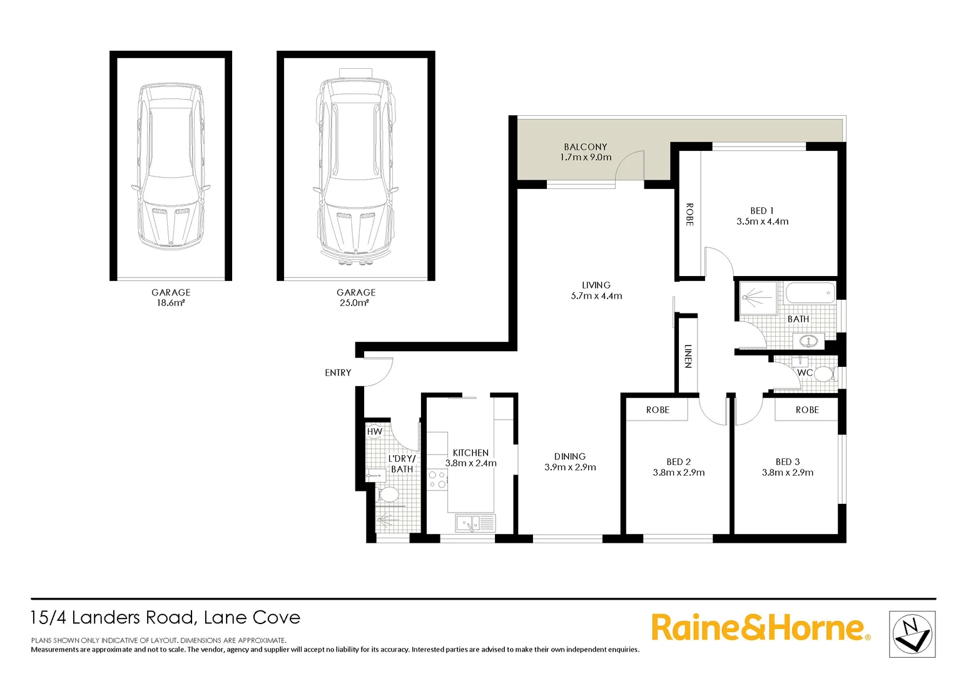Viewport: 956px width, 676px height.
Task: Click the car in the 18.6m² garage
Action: (x=170, y=167)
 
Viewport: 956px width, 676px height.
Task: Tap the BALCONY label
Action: (x=586, y=147)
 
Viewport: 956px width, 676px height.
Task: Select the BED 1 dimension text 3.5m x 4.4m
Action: (x=762, y=222)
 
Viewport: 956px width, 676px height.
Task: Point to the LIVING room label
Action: (x=596, y=285)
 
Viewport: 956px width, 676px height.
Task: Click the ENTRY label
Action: (x=338, y=373)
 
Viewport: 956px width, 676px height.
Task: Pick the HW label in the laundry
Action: (x=374, y=432)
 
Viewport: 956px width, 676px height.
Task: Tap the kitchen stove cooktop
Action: (x=437, y=480)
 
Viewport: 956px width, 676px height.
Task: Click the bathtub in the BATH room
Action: (x=810, y=293)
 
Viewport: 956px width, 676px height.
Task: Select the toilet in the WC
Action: (x=823, y=374)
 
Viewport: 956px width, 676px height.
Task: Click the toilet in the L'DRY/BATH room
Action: (x=389, y=494)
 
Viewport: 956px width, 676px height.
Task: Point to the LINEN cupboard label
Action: (x=688, y=356)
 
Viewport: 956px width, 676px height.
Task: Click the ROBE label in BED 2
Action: (x=658, y=410)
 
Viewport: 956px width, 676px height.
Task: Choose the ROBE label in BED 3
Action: (x=807, y=410)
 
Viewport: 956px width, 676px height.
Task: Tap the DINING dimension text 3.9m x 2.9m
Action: (x=570, y=468)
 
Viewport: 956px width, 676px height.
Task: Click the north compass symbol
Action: (x=912, y=635)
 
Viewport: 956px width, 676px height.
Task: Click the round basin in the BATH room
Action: (x=808, y=341)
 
